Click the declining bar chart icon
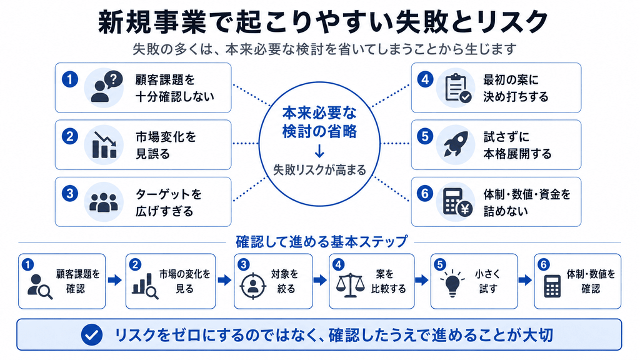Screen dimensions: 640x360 pos(104,145)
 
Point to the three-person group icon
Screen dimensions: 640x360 pos(104,202)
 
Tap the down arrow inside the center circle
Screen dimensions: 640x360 pos(319,151)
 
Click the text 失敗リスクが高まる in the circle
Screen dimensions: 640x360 pos(319,170)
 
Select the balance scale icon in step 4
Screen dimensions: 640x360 pos(350,285)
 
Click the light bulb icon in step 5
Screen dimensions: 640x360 pos(452,282)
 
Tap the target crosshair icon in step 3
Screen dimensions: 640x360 pos(252,286)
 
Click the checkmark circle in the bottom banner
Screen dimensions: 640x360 pos(91,335)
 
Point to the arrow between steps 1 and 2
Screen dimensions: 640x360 pos(115,280)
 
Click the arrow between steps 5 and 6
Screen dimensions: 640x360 pos(525,280)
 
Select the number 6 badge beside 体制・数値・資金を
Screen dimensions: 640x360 pos(425,193)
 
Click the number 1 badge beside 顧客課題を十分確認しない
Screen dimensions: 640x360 pos(70,79)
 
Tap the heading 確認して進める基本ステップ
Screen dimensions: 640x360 pos(322,242)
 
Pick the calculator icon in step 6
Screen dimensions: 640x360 pos(552,286)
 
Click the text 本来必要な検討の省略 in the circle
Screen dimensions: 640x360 pos(319,122)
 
